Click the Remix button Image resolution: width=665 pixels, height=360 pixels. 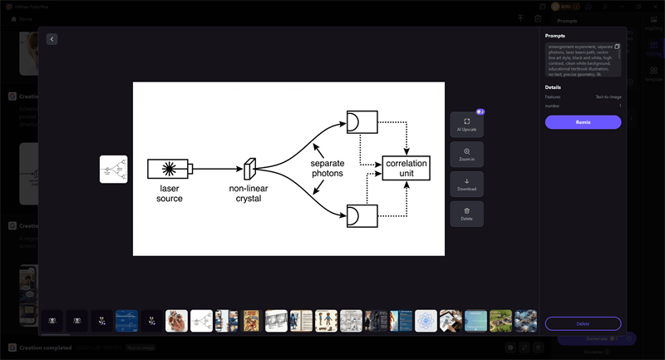[583, 122]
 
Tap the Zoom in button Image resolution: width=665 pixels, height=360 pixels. [466, 155]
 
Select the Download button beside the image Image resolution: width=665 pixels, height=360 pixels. [466, 184]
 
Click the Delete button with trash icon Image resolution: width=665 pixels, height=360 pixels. [466, 214]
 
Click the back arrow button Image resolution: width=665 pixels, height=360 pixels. [52, 39]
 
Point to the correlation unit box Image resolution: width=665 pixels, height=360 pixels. [406, 169]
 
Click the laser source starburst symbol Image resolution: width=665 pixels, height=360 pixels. [169, 169]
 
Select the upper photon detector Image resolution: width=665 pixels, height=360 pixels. [360, 121]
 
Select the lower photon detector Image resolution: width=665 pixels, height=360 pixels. [360, 215]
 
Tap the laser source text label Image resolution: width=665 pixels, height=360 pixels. [170, 194]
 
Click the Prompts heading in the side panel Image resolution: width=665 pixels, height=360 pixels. [554, 36]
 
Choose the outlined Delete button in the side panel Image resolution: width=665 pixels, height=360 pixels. [583, 323]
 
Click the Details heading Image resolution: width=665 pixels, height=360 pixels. [553, 86]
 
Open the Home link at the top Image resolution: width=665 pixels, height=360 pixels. [21, 18]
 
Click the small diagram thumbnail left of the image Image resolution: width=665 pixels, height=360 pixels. [113, 169]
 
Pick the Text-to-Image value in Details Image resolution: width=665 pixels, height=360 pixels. [608, 97]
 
